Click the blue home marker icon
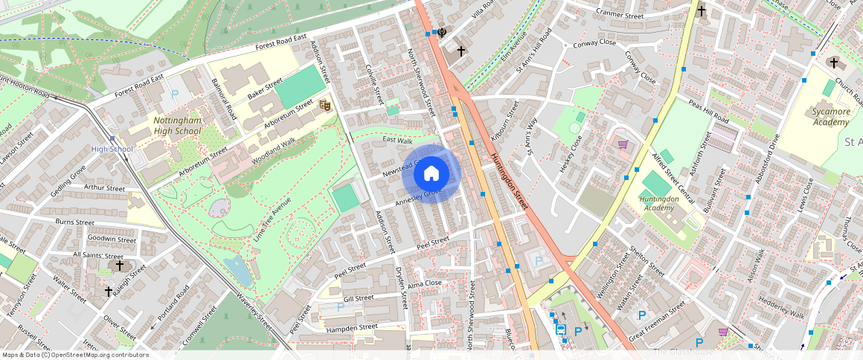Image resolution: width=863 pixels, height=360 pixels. [431, 174]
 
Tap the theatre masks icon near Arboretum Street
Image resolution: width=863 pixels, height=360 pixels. [324, 106]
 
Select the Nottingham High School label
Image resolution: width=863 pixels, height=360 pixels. [177, 126]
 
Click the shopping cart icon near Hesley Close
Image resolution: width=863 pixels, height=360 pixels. [623, 144]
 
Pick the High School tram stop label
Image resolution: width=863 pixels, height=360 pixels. [112, 150]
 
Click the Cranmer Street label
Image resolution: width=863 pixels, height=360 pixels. [620, 14]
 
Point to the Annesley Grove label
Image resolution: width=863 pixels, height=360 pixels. [419, 196]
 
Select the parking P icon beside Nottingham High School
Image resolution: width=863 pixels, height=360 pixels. [175, 94]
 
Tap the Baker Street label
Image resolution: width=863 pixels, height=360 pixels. [266, 89]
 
